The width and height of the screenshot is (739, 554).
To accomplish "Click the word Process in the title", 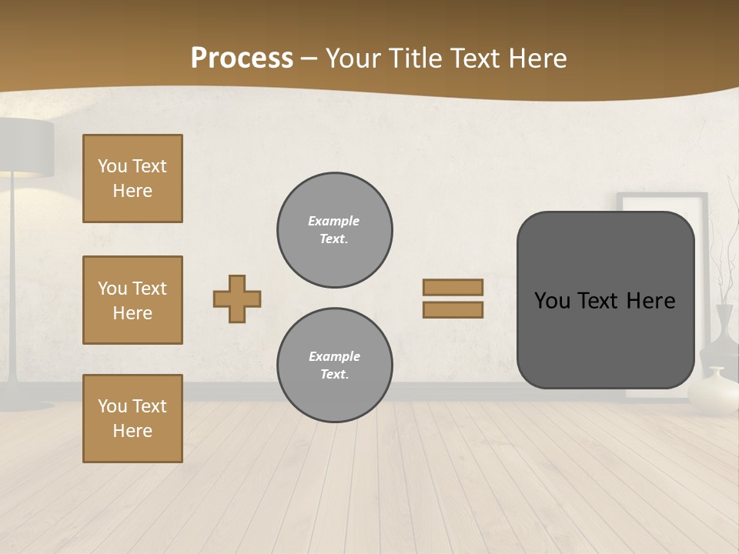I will coord(242,58).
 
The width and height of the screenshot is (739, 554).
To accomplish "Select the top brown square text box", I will coord(132,179).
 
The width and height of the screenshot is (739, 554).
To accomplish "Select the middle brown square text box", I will coord(132,300).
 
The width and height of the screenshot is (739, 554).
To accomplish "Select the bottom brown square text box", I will coord(132,418).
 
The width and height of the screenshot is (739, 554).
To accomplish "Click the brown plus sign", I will coord(237,299).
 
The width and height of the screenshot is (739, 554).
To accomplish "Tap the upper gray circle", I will coord(335,229).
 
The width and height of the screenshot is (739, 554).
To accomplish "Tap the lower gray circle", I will coord(335,365).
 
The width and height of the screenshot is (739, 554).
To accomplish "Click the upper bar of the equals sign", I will coord(453,287).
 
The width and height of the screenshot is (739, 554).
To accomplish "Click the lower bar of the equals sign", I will coord(453,309).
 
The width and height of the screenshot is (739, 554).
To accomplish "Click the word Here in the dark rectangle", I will coord(650,301).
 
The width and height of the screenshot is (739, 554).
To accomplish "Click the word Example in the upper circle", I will coord(333,221).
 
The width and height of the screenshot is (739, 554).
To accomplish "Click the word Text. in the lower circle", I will coord(334,374).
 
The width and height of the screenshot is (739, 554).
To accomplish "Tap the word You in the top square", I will coord(112,166).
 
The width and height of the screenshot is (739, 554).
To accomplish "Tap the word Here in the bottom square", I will coord(132,431).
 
